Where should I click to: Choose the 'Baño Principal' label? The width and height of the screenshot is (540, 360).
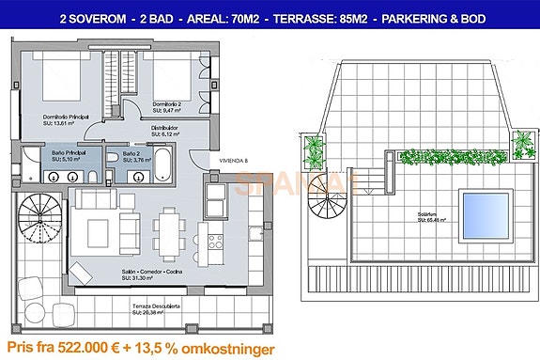(68, 151)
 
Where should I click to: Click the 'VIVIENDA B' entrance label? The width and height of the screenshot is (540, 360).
(234, 161)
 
